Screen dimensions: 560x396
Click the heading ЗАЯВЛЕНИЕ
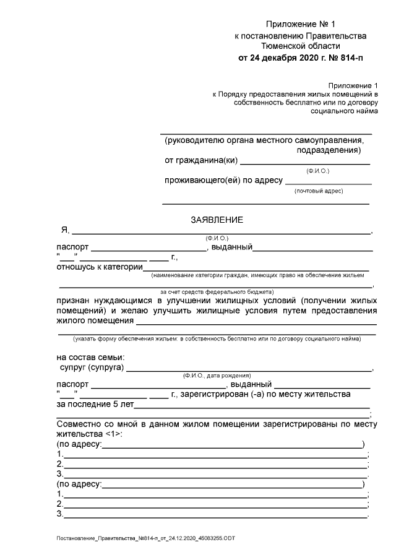pos(216,219)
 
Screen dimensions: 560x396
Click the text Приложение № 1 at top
pos(299,25)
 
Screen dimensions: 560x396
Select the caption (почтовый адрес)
pos(318,191)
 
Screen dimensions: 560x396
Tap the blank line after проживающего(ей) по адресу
pos(328,183)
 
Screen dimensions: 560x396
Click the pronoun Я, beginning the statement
pos(64,230)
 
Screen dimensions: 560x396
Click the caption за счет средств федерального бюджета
pos(217,291)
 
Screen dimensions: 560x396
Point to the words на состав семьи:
pos(90,358)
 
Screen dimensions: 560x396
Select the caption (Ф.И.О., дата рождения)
pos(217,376)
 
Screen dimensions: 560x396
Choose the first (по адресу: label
pos(79,444)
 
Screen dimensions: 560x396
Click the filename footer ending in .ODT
pos(145,539)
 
